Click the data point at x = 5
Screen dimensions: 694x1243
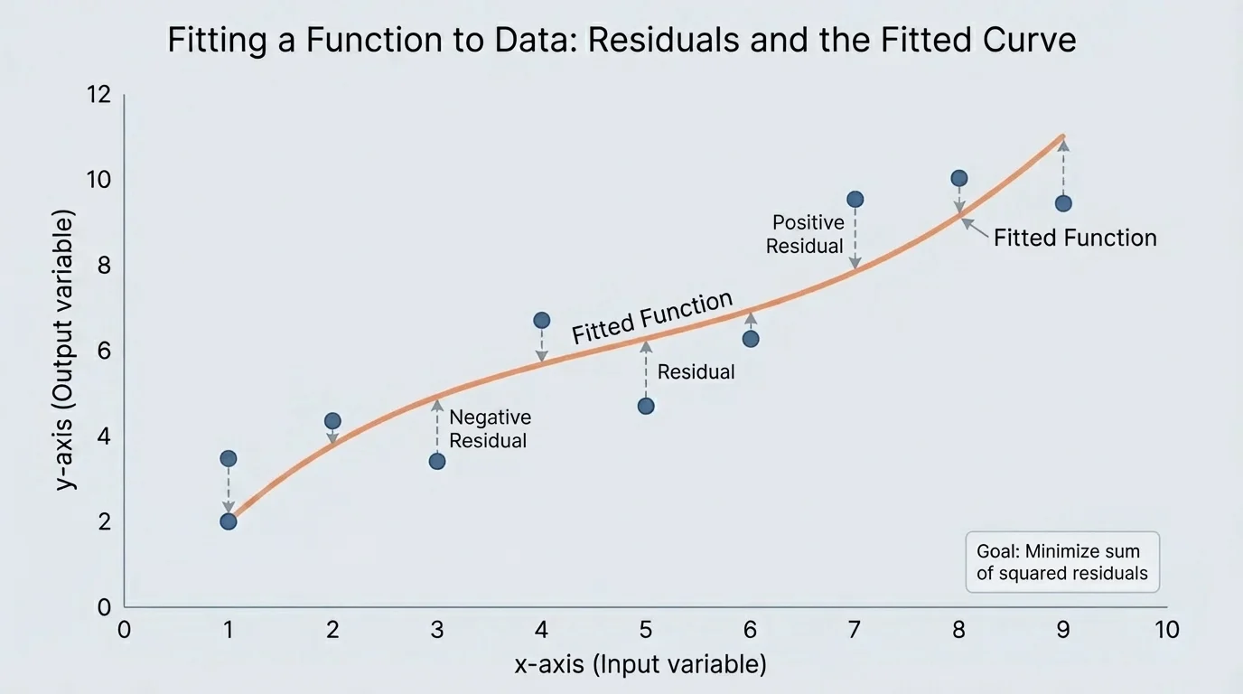(x=646, y=406)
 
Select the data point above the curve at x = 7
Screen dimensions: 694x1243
(x=855, y=199)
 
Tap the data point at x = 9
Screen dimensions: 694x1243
(x=1063, y=203)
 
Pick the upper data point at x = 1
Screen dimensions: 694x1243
(x=229, y=458)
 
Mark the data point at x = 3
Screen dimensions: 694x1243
(x=437, y=461)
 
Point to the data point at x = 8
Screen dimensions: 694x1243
(x=959, y=178)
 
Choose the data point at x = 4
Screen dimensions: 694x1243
(x=542, y=320)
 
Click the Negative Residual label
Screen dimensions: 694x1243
(x=490, y=429)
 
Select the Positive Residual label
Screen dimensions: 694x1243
(x=805, y=234)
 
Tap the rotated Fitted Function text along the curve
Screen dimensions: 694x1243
(x=651, y=318)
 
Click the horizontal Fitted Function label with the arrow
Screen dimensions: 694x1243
(x=1075, y=238)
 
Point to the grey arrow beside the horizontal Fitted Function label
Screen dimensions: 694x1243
(x=974, y=227)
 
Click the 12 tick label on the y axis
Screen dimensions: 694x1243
(x=99, y=94)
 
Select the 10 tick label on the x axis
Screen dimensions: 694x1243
(x=1167, y=629)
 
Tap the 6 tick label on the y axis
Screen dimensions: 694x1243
(x=104, y=351)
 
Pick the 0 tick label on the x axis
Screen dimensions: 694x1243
(x=125, y=629)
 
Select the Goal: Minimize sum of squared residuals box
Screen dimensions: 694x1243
(x=1062, y=562)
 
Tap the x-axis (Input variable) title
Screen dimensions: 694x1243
(x=640, y=665)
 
